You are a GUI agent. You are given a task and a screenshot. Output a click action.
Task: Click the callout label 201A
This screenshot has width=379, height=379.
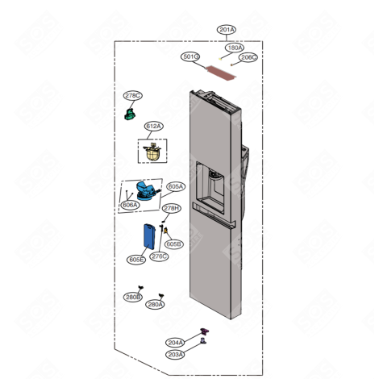(227, 30)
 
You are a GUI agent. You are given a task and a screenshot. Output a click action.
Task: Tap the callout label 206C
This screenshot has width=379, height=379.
(248, 58)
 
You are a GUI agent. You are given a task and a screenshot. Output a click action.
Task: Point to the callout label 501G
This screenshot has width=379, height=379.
(190, 57)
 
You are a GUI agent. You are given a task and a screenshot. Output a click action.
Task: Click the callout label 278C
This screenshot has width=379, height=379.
(132, 96)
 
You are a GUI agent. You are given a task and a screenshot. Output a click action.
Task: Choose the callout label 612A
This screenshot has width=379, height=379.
(153, 127)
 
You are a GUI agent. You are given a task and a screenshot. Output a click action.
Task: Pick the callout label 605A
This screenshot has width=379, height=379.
(175, 186)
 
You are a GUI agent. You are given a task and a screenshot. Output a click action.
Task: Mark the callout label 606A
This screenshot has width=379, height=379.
(129, 206)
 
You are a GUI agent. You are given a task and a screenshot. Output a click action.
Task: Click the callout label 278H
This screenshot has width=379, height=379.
(171, 209)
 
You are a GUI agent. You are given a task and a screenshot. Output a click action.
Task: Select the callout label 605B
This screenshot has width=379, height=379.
(173, 244)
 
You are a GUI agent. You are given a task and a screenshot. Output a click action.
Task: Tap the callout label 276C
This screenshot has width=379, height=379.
(159, 256)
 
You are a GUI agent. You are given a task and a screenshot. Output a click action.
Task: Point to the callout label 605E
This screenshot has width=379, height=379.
(136, 260)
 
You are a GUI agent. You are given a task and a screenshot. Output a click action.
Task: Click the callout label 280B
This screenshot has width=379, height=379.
(133, 297)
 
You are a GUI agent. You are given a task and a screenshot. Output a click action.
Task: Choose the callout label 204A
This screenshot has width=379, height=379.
(175, 342)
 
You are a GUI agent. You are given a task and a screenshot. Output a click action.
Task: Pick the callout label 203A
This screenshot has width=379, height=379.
(175, 354)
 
